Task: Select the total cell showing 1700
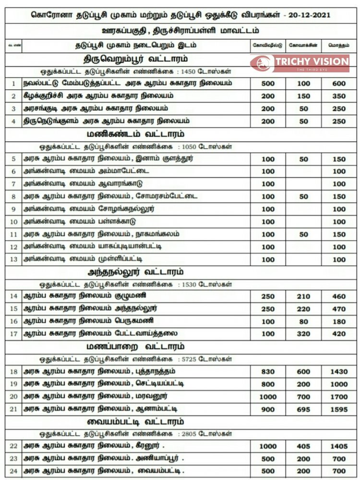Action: point(338,397)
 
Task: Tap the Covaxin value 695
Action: point(303,409)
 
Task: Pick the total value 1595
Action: point(338,409)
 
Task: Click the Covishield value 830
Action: point(268,372)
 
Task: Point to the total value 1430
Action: point(338,372)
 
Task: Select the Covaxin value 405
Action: point(303,446)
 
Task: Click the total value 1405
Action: point(338,446)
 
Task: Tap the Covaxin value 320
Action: point(303,334)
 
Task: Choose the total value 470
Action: point(338,309)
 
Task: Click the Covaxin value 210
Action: point(303,296)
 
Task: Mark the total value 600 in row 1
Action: point(338,83)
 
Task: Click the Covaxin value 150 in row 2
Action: point(303,96)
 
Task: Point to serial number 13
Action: point(14,259)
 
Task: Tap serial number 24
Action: point(14,471)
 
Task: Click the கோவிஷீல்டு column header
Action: point(268,45)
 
